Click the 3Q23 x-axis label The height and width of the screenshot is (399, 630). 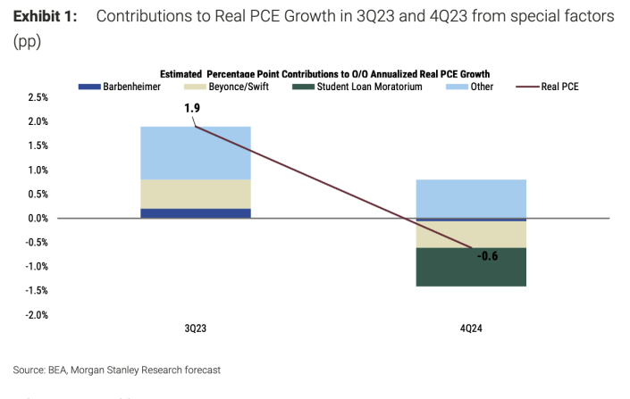pyautogui.click(x=195, y=328)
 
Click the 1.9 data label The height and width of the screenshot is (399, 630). pyautogui.click(x=192, y=109)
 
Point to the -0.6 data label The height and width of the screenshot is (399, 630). pyautogui.click(x=487, y=257)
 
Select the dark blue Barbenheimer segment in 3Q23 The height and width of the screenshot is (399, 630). pyautogui.click(x=195, y=213)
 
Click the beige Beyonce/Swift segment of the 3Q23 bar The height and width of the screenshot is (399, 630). pyautogui.click(x=195, y=194)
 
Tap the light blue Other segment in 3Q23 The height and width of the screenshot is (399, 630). pyautogui.click(x=195, y=153)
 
